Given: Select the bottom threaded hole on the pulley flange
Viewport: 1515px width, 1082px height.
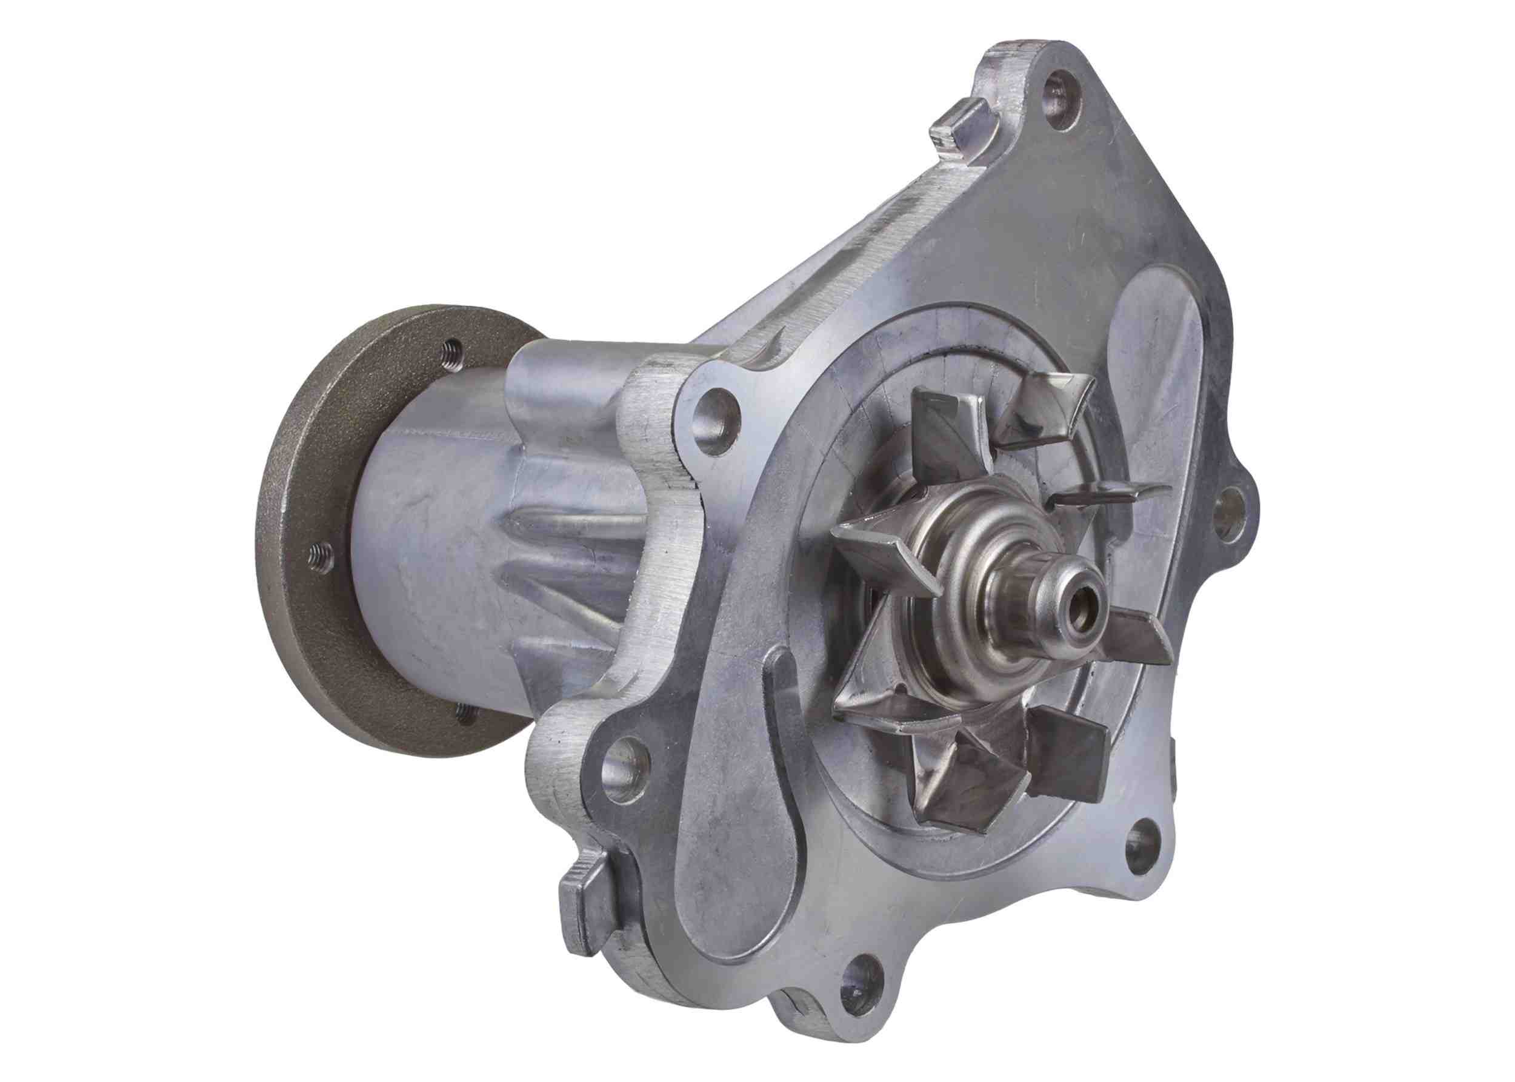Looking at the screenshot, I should tap(466, 715).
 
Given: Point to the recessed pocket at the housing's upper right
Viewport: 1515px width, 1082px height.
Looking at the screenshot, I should tap(1160, 373).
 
